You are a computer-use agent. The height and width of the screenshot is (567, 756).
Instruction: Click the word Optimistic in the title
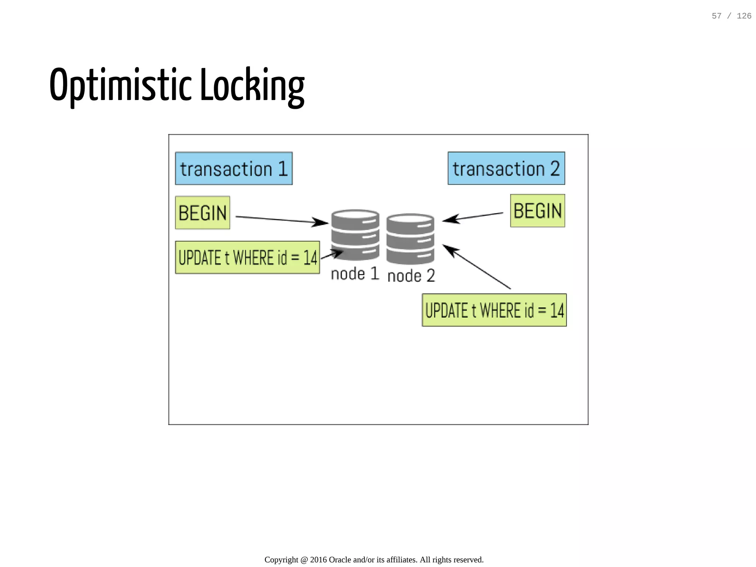121,85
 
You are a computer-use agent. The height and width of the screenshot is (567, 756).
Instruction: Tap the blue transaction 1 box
234,169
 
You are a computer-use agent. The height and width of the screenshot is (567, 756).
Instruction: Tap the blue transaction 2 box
506,168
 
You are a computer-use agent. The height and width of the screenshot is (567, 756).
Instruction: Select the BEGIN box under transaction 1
202,213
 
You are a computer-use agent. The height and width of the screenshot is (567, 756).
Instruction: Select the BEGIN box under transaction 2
537,211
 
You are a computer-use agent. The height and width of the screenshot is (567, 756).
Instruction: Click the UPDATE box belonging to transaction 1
247,257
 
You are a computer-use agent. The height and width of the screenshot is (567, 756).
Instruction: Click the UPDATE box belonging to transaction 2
494,310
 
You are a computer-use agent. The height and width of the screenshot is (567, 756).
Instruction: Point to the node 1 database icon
355,235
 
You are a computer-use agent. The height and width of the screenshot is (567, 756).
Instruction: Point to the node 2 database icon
410,239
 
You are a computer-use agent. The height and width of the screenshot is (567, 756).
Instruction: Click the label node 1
355,274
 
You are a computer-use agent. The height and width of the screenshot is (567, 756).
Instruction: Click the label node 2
411,276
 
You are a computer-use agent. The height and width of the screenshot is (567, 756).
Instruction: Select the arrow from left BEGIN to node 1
281,220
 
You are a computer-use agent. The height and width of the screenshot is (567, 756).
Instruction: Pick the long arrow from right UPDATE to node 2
476,266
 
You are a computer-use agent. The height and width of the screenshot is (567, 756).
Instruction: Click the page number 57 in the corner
717,16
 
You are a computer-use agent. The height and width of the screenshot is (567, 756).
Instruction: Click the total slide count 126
744,16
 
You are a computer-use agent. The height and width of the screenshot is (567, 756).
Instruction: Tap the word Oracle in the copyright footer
340,560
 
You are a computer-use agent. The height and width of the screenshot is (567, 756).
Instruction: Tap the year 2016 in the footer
318,560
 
